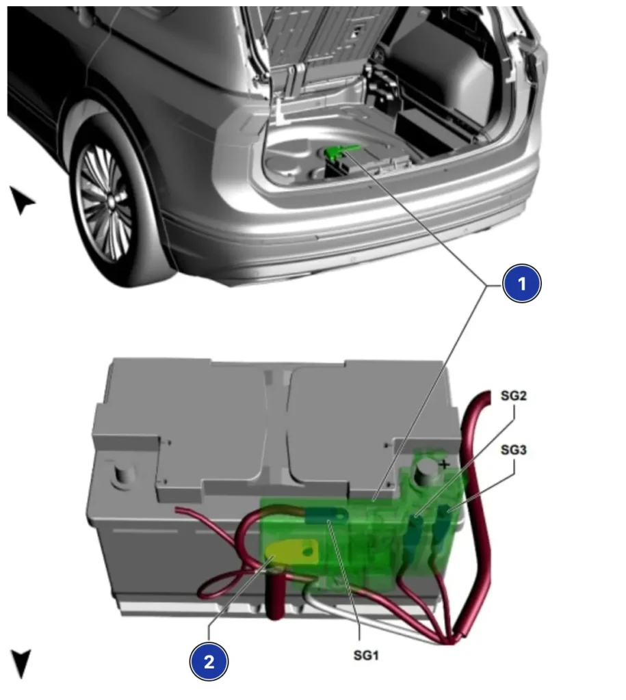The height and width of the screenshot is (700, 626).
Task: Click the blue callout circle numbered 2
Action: tap(209, 661)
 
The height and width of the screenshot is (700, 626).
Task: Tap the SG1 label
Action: tap(366, 656)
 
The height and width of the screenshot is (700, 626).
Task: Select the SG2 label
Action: tap(514, 396)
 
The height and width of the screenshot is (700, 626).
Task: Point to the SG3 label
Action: tap(514, 450)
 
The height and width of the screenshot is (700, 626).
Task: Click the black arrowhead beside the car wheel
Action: tap(23, 200)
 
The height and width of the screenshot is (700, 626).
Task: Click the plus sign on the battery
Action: tap(445, 466)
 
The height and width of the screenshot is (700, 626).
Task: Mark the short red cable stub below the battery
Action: tap(275, 605)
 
